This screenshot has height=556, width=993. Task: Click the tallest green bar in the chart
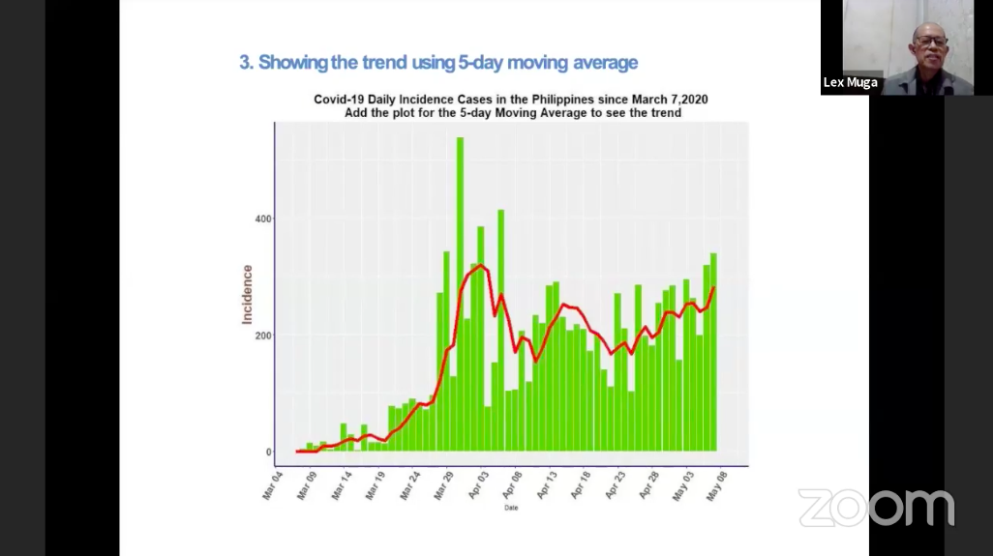460,290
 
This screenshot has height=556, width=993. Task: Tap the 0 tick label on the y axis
268,452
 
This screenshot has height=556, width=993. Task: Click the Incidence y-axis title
248,294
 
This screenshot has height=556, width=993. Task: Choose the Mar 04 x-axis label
273,486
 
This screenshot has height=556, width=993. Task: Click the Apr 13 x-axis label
548,486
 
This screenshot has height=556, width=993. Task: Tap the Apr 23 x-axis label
617,486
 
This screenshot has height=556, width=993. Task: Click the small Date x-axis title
510,508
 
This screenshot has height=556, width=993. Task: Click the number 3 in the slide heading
245,63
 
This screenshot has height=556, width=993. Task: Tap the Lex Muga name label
850,82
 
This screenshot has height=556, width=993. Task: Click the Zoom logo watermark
876,507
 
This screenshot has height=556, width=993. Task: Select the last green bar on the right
713,352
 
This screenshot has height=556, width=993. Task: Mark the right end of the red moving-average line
713,287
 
